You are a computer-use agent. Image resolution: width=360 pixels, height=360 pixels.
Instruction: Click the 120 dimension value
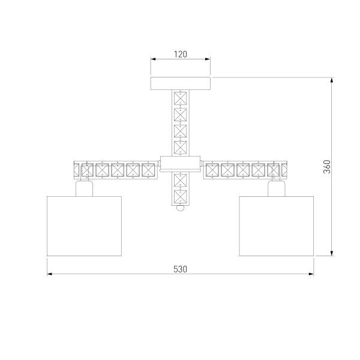coord(181,54)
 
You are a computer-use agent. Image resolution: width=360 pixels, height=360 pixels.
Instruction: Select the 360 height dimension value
coord(326,166)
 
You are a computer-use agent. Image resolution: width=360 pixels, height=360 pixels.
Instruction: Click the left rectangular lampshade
coord(84,225)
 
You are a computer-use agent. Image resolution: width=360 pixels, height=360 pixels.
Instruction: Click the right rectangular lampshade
coord(276,225)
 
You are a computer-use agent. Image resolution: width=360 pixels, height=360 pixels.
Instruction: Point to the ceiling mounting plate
coord(181,83)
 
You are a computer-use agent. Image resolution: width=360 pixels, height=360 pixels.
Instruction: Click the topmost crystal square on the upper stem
coord(181,98)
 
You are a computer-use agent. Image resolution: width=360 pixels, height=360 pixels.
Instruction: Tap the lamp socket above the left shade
coord(84,188)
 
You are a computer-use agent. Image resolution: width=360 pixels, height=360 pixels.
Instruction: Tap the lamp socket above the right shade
coord(276,188)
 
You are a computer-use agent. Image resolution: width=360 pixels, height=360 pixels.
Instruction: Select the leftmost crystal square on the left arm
coord(88,170)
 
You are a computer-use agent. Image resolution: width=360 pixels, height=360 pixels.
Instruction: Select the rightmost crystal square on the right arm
coord(274,170)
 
